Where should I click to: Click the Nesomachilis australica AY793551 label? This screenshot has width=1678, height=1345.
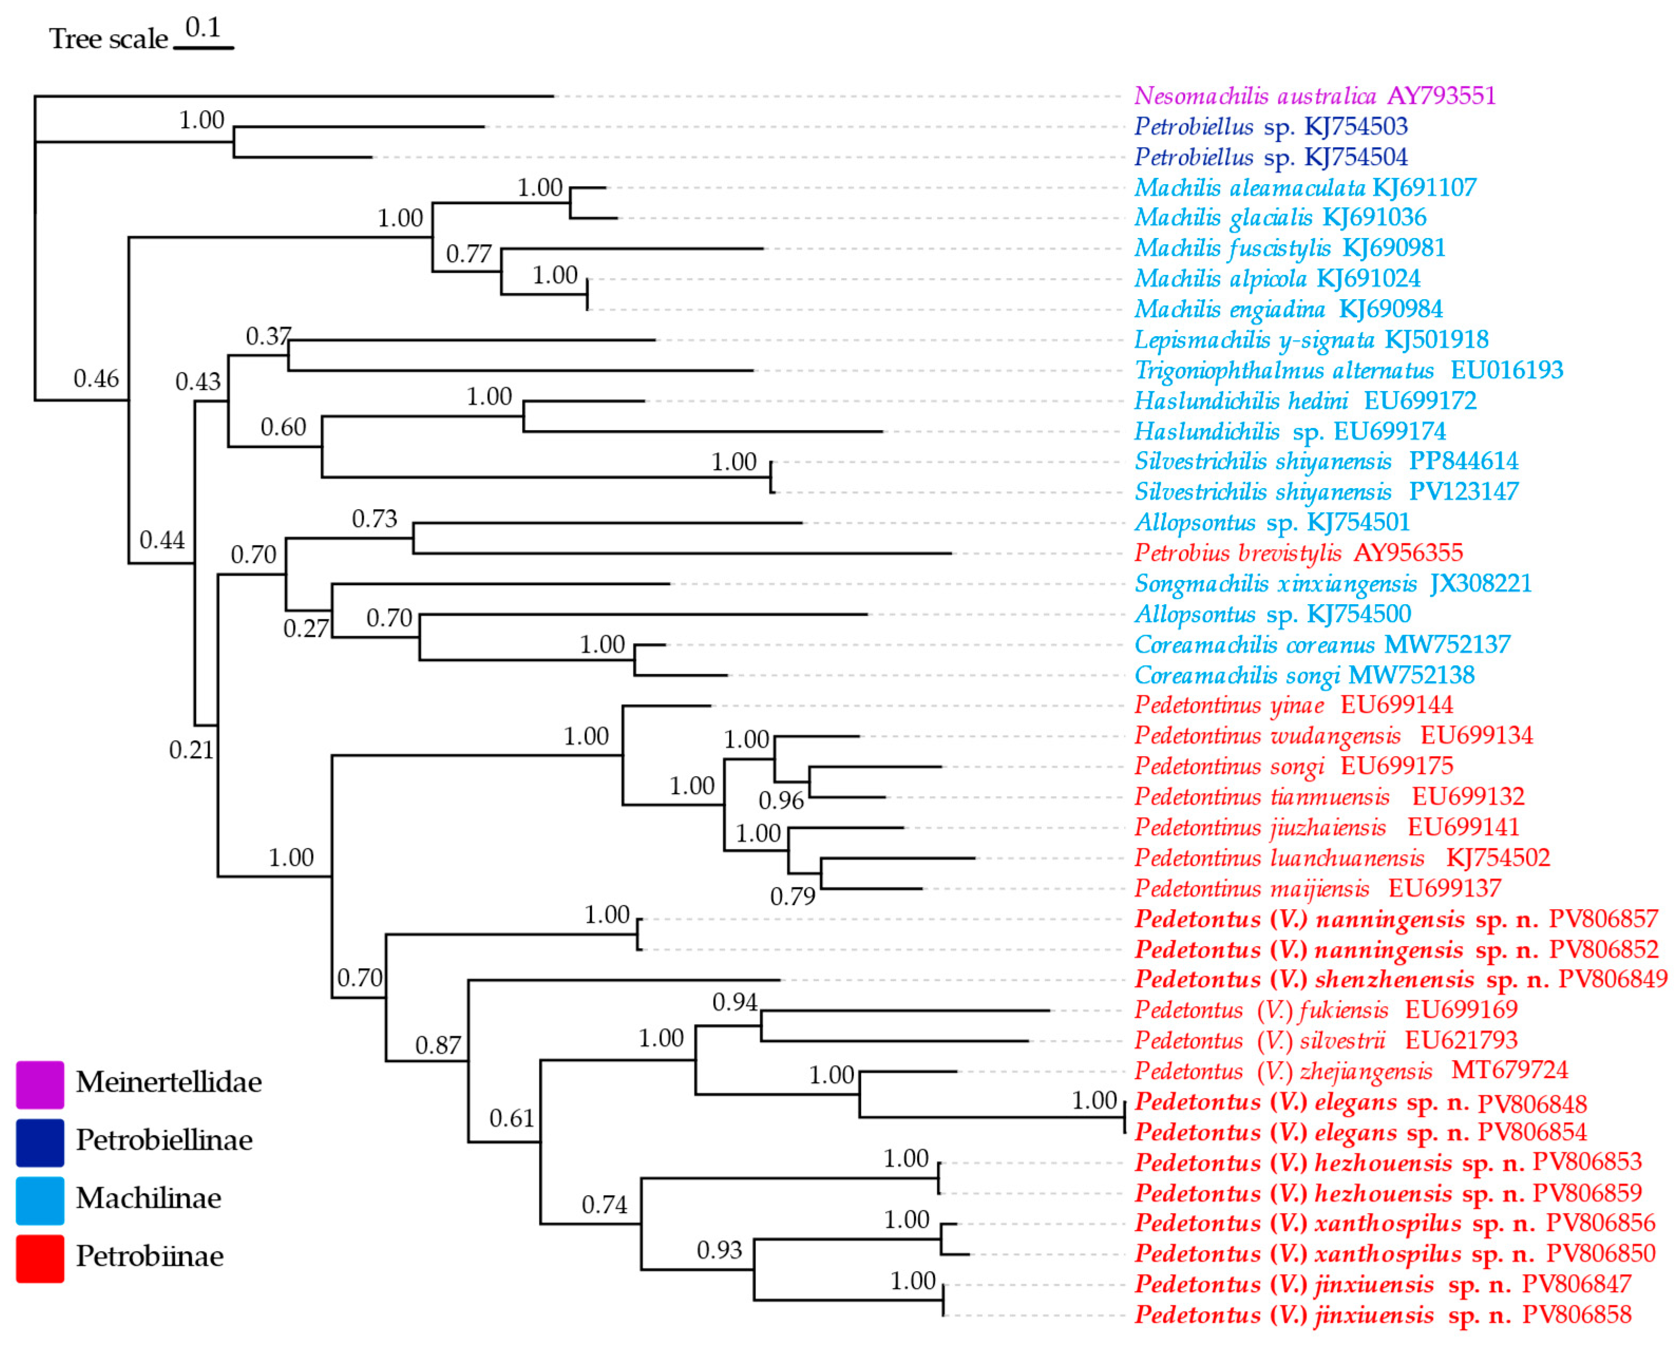click(x=1314, y=96)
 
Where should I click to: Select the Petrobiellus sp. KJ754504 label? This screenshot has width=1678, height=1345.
click(x=1270, y=157)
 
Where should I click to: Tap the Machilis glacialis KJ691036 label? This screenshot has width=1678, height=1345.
click(x=1280, y=218)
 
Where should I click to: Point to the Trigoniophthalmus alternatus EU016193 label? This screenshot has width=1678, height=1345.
click(x=1348, y=370)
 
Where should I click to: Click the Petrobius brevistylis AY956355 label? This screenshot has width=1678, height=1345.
click(x=1298, y=554)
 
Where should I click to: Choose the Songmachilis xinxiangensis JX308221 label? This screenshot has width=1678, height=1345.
click(x=1332, y=584)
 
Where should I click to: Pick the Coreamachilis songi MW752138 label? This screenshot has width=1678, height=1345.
click(x=1304, y=675)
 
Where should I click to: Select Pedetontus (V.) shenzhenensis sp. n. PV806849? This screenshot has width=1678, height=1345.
click(x=1400, y=980)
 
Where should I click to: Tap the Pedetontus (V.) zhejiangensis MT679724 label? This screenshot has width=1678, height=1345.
click(x=1350, y=1072)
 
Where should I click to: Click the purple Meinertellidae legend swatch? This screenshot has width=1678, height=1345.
click(x=40, y=1084)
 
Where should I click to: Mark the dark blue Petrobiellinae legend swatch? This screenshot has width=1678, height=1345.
click(x=40, y=1142)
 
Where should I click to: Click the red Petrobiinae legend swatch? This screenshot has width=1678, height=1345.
click(x=40, y=1258)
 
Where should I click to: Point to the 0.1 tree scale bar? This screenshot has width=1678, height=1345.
click(x=203, y=48)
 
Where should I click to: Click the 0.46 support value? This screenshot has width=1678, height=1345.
click(x=96, y=379)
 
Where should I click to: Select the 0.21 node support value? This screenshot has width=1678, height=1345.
click(x=190, y=750)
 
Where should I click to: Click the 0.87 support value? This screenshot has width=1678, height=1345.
click(x=437, y=1045)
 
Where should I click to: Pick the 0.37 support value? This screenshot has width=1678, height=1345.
click(x=268, y=337)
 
